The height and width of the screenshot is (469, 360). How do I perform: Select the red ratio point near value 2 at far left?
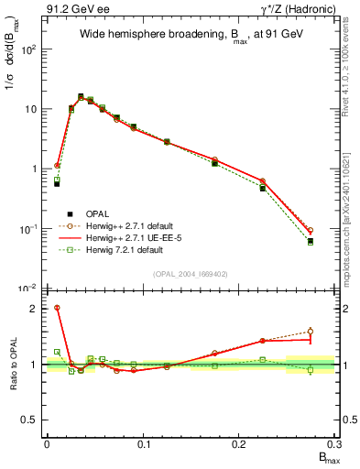pyautogui.click(x=57, y=308)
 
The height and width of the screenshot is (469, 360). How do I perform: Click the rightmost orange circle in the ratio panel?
pyautogui.click(x=311, y=332)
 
